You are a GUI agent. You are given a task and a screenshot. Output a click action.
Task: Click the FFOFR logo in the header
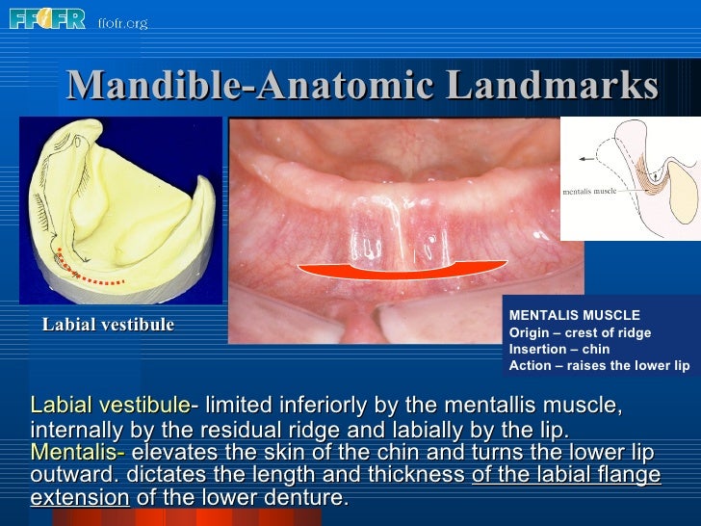(48, 17)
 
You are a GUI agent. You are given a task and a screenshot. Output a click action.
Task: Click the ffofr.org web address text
(122, 22)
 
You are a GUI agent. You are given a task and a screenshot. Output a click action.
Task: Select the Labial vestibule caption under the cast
(108, 325)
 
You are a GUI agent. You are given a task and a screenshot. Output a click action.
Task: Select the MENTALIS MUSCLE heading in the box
(574, 315)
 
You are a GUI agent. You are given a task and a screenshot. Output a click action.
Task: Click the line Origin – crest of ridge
(580, 332)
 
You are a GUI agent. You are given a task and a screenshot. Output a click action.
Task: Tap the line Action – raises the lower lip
(599, 366)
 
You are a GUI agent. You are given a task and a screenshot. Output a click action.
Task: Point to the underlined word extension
(80, 498)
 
